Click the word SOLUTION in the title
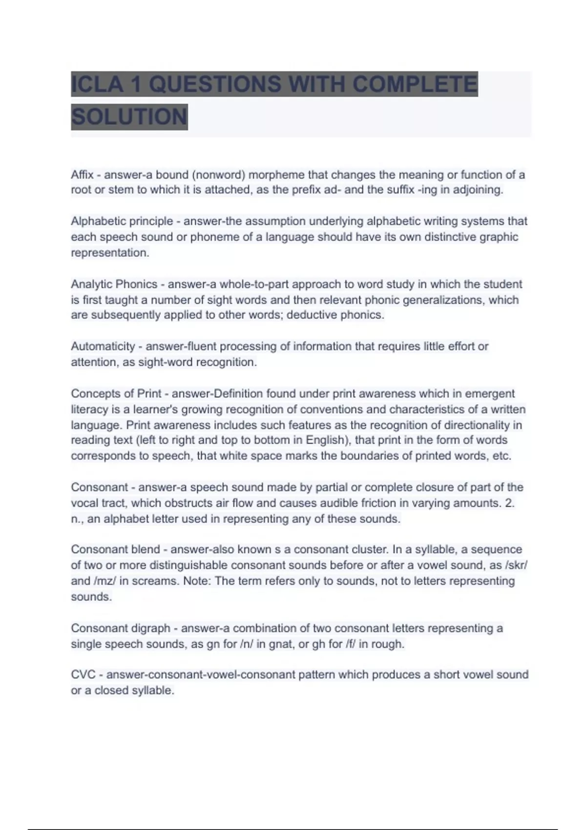coord(129,117)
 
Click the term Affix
coord(82,174)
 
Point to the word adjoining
coord(477,190)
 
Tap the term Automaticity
coord(103,346)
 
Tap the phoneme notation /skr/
coord(516,565)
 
